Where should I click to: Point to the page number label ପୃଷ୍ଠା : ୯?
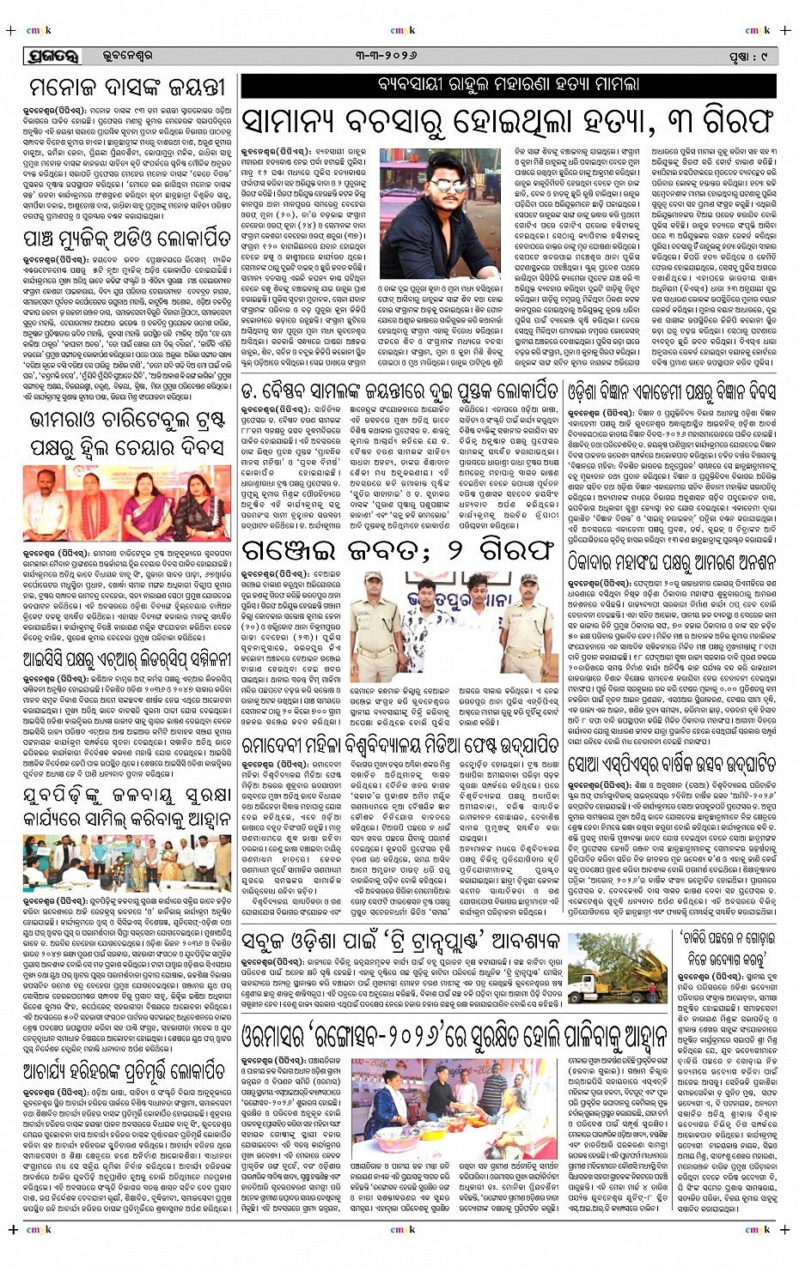(x=747, y=57)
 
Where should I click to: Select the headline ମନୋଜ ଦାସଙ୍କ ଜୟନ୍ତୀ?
(x=127, y=88)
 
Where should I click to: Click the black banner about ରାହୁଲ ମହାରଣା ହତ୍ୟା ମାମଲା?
(x=508, y=85)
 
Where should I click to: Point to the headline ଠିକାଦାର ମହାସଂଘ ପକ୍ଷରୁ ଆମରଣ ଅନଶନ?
(x=672, y=537)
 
